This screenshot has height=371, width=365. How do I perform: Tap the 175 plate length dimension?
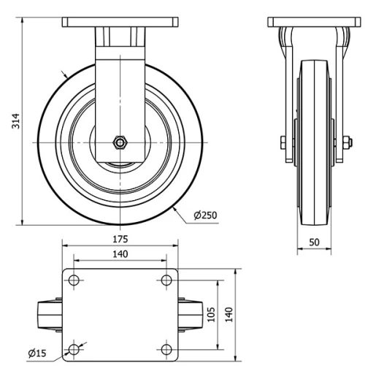pos(120,239)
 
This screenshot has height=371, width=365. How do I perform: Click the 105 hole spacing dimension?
pos(210,313)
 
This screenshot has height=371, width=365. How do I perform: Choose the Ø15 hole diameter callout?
pos(37,353)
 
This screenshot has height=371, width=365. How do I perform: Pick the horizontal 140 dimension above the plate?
pos(120,254)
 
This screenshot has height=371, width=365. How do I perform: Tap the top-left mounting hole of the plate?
pos(74,280)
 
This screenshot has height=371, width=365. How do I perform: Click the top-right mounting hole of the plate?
pos(167,280)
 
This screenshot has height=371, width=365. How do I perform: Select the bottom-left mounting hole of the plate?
pos(74,348)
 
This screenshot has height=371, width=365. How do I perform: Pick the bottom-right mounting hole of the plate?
pos(167,348)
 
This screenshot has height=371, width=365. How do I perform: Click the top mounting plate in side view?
pos(120,23)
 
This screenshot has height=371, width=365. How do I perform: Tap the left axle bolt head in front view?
pos(282,142)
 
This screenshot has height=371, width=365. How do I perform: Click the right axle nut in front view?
pos(341,142)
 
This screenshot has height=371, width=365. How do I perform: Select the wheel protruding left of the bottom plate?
pos(50,314)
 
